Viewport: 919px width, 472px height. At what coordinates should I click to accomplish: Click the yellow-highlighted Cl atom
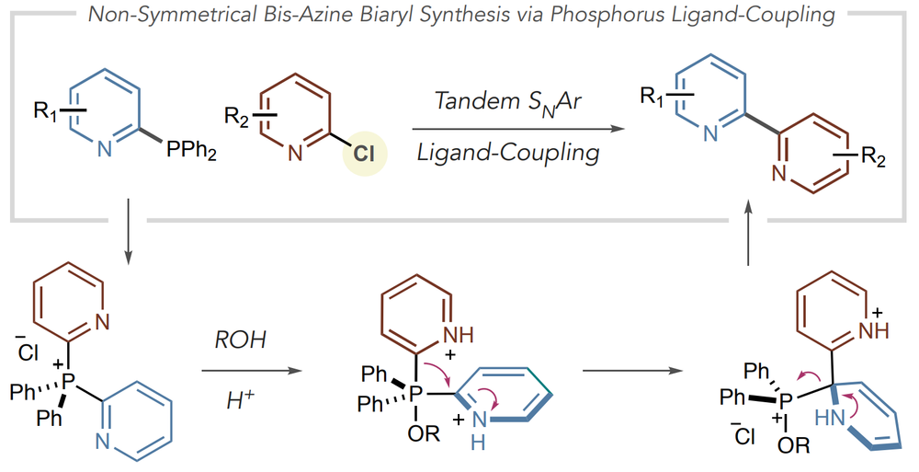tap(363, 154)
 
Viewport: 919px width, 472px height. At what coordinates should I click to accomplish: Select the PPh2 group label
tap(192, 151)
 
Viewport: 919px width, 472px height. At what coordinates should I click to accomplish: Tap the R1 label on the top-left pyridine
tap(46, 110)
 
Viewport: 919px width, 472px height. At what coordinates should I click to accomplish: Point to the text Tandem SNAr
tap(507, 101)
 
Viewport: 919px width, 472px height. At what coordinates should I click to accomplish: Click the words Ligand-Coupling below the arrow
tap(508, 153)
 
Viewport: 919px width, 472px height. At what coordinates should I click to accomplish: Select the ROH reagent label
tap(240, 340)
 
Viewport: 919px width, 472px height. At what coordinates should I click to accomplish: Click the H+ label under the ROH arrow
tap(240, 401)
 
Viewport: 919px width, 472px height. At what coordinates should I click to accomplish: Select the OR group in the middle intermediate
tap(425, 434)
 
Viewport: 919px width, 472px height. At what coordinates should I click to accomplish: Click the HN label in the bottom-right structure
tap(829, 418)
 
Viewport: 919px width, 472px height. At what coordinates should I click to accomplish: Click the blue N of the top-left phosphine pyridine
tap(105, 150)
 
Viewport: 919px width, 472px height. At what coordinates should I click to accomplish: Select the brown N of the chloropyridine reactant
tap(295, 154)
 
